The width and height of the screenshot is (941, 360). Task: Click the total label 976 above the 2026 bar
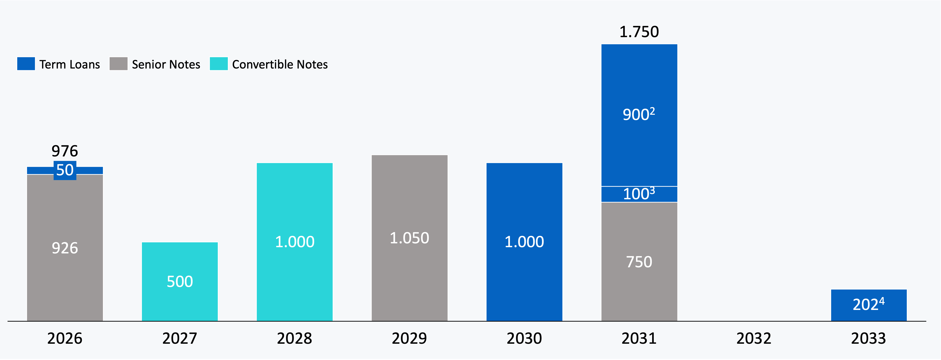[x=65, y=151]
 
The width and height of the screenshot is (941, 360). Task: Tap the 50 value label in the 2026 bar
[x=65, y=170]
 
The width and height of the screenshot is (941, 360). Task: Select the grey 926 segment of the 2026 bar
[x=65, y=248]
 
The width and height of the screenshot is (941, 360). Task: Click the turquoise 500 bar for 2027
[x=180, y=281]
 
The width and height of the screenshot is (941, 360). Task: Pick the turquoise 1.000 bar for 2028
[x=294, y=242]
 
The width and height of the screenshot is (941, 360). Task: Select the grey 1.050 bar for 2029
[x=409, y=238]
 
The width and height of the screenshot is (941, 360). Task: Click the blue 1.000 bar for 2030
[x=524, y=242]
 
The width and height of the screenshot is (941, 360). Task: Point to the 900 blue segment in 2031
[x=639, y=115]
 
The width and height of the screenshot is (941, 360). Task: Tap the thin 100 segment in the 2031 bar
[x=639, y=194]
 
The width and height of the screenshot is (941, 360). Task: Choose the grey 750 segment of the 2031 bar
[x=639, y=262]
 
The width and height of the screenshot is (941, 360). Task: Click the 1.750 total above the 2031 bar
[x=639, y=32]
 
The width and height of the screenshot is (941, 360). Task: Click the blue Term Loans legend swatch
[x=26, y=64]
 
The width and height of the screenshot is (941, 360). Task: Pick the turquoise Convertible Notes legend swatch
[x=218, y=64]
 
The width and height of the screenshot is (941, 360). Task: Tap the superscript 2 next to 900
[x=652, y=110]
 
